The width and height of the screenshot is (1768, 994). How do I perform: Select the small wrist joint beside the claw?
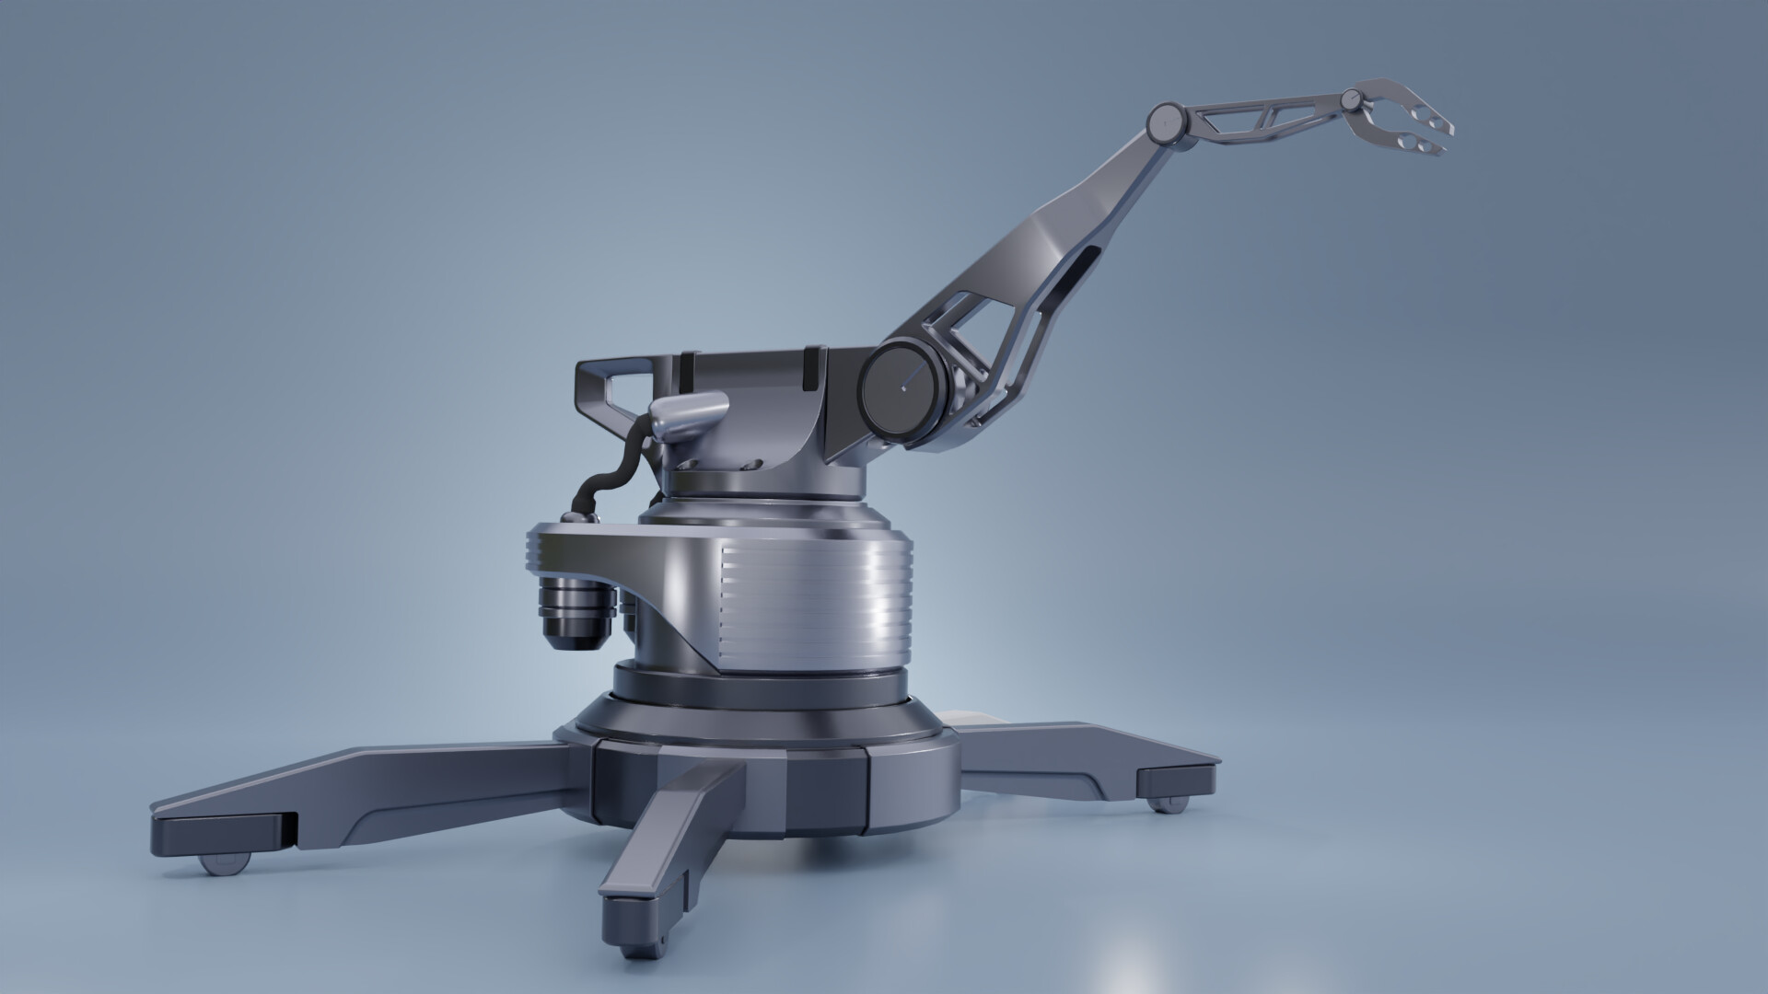(1352, 98)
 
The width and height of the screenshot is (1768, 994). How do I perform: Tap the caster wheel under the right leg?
(1168, 805)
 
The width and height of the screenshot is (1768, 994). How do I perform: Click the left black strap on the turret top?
(686, 369)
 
